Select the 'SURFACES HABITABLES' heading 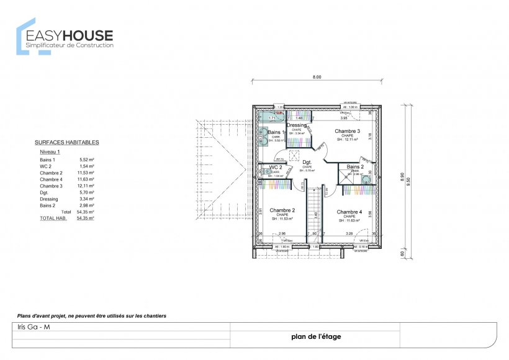(x=66, y=142)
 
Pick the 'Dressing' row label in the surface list (x=49, y=199)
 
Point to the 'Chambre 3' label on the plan (x=347, y=131)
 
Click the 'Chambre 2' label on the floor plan (x=282, y=211)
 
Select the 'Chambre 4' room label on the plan (x=349, y=212)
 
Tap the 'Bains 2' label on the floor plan (x=355, y=167)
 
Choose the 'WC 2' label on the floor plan (x=276, y=168)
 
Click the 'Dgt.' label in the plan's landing (x=307, y=162)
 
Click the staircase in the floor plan (x=315, y=211)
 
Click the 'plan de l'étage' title (x=315, y=337)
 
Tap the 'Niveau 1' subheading (x=50, y=151)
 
